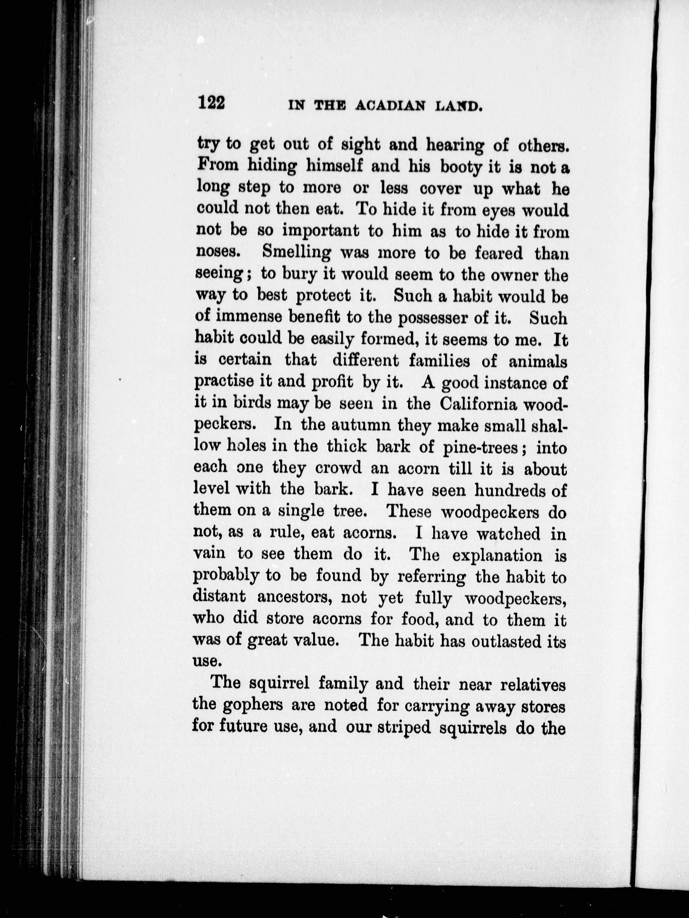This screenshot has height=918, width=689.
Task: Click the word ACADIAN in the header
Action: click(x=390, y=106)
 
